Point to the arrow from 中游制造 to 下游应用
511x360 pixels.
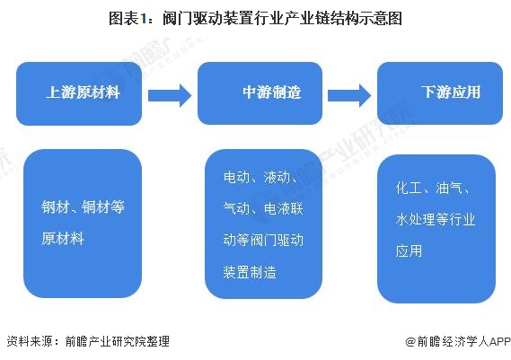coord(349,93)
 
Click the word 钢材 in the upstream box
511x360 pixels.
coord(56,207)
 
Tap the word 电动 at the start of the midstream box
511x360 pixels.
coord(237,178)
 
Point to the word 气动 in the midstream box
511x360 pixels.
coord(237,208)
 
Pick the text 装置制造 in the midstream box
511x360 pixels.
coord(250,270)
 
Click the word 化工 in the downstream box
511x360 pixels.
coord(409,189)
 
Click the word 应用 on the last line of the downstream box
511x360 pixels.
coord(409,250)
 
